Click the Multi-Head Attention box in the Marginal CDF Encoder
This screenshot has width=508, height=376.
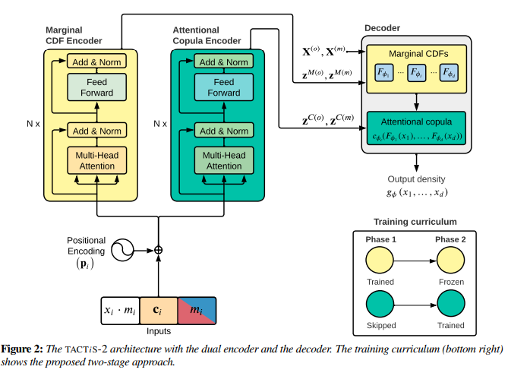pos(95,160)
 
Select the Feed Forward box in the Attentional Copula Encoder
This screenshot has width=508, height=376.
pos(224,87)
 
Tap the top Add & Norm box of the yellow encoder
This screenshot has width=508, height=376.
pos(95,62)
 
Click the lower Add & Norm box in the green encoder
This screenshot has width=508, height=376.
pos(224,131)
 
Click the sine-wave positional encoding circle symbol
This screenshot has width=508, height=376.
pos(121,249)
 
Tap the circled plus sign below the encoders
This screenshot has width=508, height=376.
pos(159,249)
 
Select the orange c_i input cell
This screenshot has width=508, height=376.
pos(159,310)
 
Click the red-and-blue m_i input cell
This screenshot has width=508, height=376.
pos(197,310)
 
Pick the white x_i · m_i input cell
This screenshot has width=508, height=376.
pos(121,310)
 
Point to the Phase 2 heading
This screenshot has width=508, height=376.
pos(450,239)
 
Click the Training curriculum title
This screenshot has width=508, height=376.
pos(415,222)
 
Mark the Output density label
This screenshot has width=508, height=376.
pos(415,179)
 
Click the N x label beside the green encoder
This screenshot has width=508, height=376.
pos(160,122)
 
